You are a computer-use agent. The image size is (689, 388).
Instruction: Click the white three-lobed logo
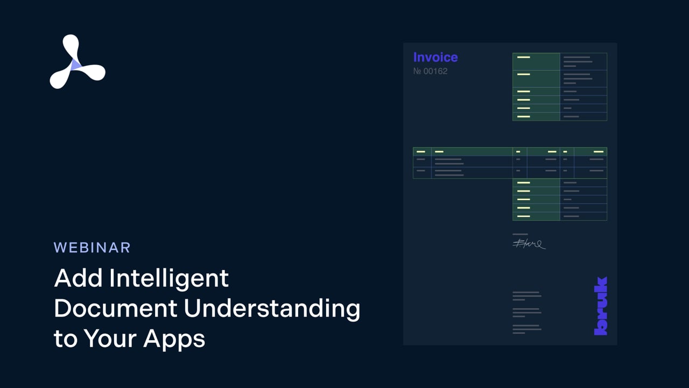tap(76, 62)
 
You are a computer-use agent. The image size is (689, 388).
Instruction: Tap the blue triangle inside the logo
tap(76, 65)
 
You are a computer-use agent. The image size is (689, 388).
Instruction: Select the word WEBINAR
tap(92, 248)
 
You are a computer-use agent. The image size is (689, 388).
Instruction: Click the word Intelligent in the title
tap(169, 279)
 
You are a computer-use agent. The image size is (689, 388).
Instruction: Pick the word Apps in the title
tap(174, 339)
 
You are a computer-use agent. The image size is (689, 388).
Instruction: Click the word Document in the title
tap(115, 309)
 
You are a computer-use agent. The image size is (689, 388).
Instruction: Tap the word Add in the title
tap(79, 279)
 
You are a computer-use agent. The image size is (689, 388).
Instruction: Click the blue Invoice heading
tap(435, 57)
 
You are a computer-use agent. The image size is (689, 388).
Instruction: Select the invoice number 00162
tap(435, 71)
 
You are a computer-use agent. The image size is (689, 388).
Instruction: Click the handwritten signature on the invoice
tap(529, 244)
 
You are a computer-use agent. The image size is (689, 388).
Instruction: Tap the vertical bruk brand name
tap(601, 306)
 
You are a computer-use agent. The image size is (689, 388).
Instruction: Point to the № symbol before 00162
tap(417, 71)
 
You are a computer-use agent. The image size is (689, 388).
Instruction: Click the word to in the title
tap(66, 339)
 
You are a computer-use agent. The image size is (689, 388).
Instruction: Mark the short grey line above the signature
tap(520, 234)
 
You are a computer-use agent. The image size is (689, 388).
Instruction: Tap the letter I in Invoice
tap(415, 57)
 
